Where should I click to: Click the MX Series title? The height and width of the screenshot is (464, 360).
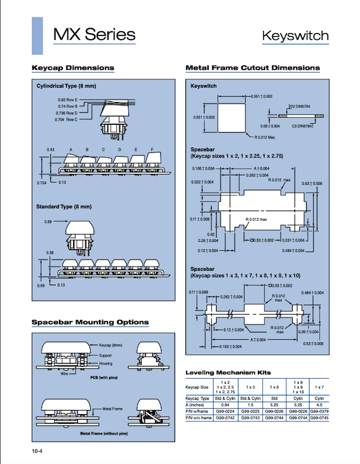(x=94, y=34)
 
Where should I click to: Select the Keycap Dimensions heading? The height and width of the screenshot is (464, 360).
(x=73, y=68)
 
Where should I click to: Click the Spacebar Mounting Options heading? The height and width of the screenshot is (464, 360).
(x=90, y=323)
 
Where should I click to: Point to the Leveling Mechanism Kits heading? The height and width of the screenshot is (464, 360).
(x=228, y=372)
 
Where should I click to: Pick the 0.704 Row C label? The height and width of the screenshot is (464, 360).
(x=68, y=119)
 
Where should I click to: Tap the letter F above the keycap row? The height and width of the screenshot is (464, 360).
(x=152, y=149)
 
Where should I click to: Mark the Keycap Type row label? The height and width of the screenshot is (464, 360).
(x=197, y=398)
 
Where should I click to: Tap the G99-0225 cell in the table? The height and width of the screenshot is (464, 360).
(x=252, y=411)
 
